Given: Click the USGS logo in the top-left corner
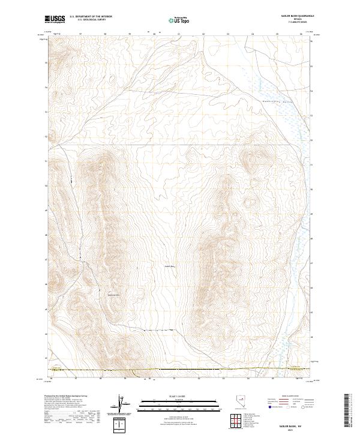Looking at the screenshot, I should point(55,20).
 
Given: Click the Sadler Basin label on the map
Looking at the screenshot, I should point(169,266).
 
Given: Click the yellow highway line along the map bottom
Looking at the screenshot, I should point(180,370).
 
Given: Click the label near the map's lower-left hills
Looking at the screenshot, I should point(113,294).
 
